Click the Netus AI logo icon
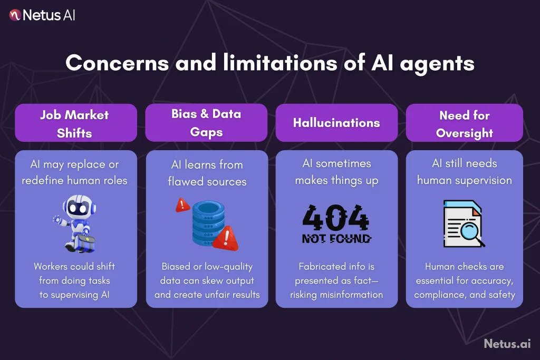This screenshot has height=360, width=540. pyautogui.click(x=15, y=15)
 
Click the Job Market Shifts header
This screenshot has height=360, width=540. pyautogui.click(x=75, y=123)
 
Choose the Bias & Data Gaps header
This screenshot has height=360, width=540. pyautogui.click(x=207, y=122)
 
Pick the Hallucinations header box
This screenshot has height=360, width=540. pyautogui.click(x=336, y=123)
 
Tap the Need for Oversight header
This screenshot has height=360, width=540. pyautogui.click(x=464, y=123)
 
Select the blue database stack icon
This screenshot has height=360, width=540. pyautogui.click(x=205, y=221)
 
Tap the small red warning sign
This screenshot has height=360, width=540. pyautogui.click(x=183, y=205)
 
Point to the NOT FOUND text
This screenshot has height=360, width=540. pyautogui.click(x=336, y=238)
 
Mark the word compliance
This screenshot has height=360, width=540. pyautogui.click(x=439, y=295)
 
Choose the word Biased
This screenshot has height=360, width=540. pyautogui.click(x=176, y=267)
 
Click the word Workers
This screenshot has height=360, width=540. pyautogui.click(x=51, y=267)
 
